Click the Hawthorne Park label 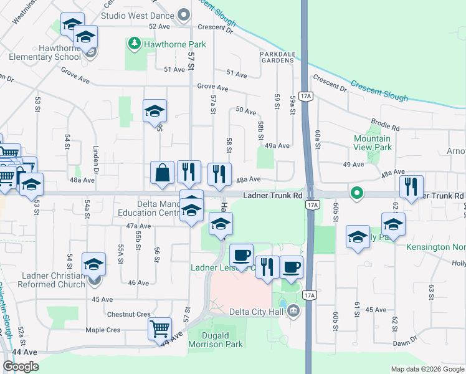coord(166,45)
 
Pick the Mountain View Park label coord(373,143)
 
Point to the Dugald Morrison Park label coord(216,339)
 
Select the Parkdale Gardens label coord(277,57)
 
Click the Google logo coord(21,367)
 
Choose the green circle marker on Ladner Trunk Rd coord(356,193)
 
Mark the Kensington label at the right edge coord(436,247)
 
